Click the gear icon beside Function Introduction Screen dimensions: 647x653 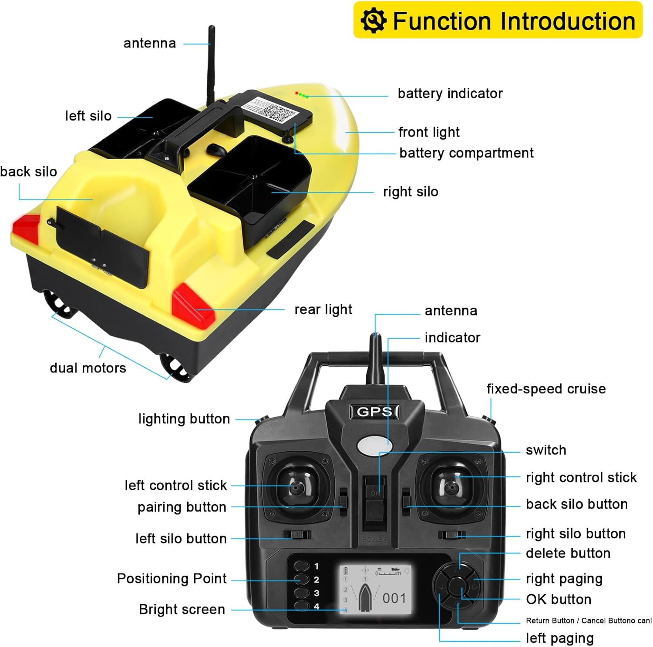pos(373,20)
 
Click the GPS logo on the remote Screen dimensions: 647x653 pos(374,411)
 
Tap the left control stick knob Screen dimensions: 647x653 pos(296,488)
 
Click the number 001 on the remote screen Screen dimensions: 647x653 pos(394,598)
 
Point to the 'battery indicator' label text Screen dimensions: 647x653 pos(450,94)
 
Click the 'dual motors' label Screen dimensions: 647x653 pos(88,368)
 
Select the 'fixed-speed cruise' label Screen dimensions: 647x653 pos(546,389)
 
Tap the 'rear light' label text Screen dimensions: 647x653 pos(323,309)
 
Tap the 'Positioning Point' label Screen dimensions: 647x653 pos(172,579)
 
